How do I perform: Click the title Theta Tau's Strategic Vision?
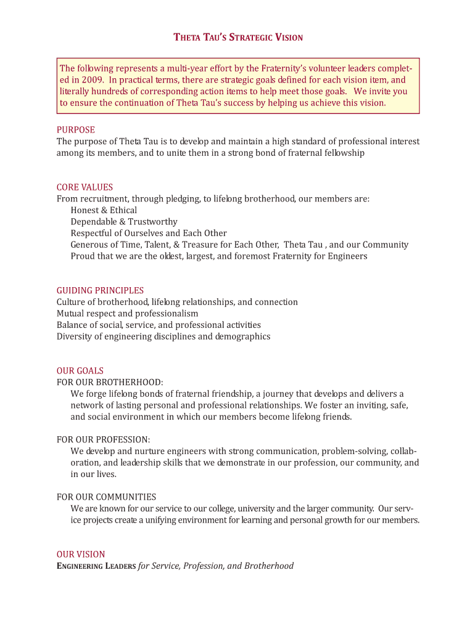click(x=238, y=38)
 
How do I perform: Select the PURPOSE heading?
click(x=76, y=130)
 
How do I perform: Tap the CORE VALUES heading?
click(x=85, y=187)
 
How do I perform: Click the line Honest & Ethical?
click(x=104, y=210)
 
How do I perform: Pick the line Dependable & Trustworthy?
click(x=124, y=222)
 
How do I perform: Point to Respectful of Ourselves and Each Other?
click(x=149, y=234)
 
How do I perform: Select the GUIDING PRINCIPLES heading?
click(x=101, y=290)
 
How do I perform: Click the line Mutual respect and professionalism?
click(x=128, y=314)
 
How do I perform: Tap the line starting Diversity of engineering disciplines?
click(x=163, y=336)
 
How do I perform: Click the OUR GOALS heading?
click(x=80, y=371)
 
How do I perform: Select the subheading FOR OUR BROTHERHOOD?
click(x=110, y=383)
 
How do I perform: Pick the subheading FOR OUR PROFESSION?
click(x=104, y=440)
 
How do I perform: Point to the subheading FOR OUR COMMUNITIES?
click(x=107, y=497)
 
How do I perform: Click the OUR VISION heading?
click(x=81, y=555)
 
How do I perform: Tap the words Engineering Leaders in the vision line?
click(x=96, y=566)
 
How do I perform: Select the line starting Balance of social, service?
click(x=159, y=325)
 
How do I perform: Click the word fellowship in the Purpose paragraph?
click(x=344, y=153)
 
